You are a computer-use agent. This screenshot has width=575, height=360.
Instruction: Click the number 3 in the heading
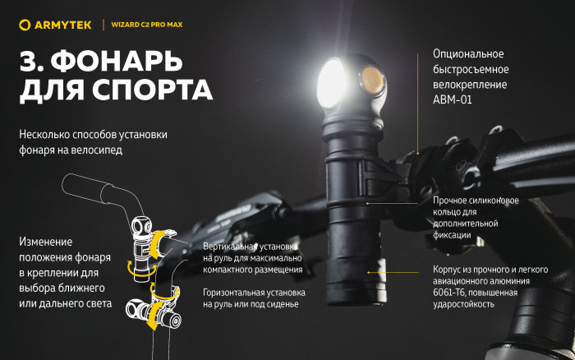click(27, 62)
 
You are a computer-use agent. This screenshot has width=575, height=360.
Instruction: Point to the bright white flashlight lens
click(334, 82)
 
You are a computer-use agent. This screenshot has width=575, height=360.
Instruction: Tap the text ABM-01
click(453, 99)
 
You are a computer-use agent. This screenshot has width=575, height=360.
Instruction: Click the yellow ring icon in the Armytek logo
click(25, 25)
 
